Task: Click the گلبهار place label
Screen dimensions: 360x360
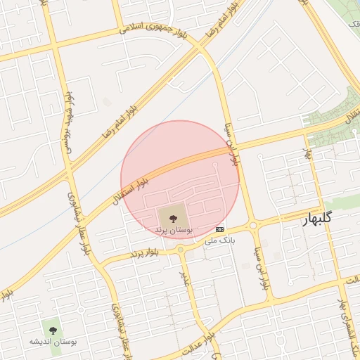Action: coord(316,219)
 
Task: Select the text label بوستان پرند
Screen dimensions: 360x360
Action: coord(173,230)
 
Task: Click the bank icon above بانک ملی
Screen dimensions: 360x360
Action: coord(220,230)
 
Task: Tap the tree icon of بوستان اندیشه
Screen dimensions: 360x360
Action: coord(52,328)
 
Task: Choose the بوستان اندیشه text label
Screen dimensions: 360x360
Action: coord(52,342)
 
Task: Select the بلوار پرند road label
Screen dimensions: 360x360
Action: coord(145,252)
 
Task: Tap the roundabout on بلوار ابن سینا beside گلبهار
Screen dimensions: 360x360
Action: coord(253,226)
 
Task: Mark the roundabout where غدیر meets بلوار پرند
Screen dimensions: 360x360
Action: coord(181,250)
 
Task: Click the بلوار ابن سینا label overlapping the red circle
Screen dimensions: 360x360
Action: coord(232,143)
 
